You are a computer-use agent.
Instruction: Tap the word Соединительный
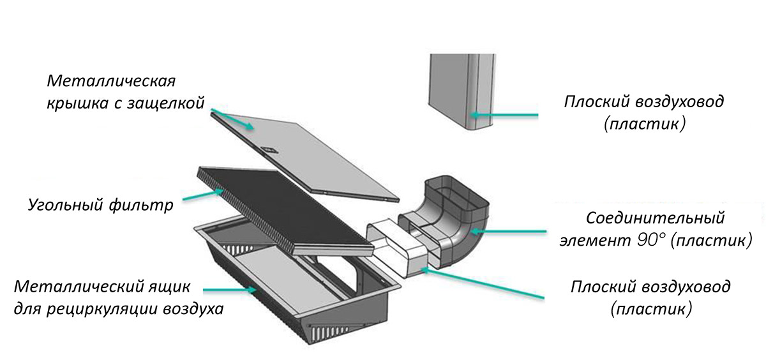point(656,218)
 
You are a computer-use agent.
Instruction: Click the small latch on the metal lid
point(269,150)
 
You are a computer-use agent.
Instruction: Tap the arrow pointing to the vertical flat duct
point(504,116)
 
